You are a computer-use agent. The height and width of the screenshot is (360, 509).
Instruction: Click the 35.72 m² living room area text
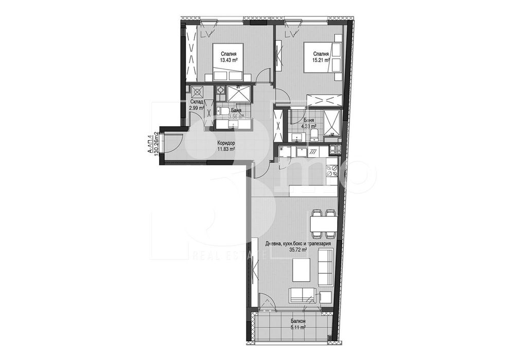[x=297, y=250]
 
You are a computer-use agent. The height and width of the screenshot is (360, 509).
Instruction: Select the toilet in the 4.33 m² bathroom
[x=314, y=135]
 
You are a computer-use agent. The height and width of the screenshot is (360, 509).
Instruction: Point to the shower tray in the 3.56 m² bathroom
[x=238, y=93]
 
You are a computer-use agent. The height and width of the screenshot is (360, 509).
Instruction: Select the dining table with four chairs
[x=323, y=222]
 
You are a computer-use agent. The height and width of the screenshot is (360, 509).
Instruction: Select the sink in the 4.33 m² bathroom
[x=297, y=136]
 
